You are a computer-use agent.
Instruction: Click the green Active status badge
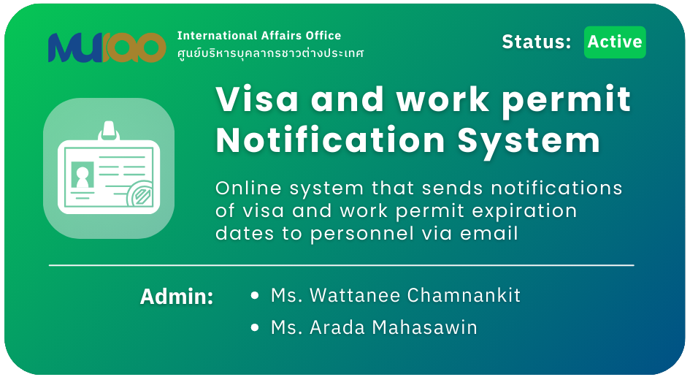click(x=615, y=42)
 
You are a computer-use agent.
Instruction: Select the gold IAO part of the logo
click(x=134, y=47)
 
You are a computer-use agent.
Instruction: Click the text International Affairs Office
click(x=259, y=35)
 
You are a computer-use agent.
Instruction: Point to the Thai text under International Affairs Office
click(x=271, y=53)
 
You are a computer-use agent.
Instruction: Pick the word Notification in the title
click(x=331, y=140)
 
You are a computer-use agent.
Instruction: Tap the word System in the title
click(x=529, y=142)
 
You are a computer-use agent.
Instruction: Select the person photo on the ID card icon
click(x=83, y=175)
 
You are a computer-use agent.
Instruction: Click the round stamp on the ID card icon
click(x=141, y=194)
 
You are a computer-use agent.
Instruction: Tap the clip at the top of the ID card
click(x=109, y=130)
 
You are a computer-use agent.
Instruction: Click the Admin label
click(x=177, y=297)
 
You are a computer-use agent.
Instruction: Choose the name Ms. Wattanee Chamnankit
click(x=396, y=295)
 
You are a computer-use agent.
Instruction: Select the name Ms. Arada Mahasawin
click(x=374, y=327)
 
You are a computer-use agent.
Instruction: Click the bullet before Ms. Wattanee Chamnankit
click(x=254, y=295)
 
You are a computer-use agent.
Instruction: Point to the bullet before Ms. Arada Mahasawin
click(x=254, y=327)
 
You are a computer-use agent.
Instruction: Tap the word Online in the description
click(x=249, y=188)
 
